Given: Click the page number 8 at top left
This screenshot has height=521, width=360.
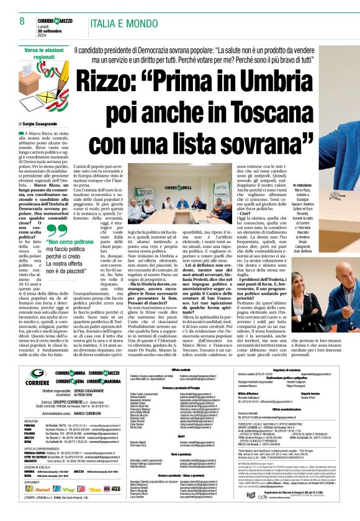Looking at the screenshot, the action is (x=22, y=21).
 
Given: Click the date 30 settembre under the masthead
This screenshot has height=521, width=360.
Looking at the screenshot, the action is (x=49, y=30).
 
